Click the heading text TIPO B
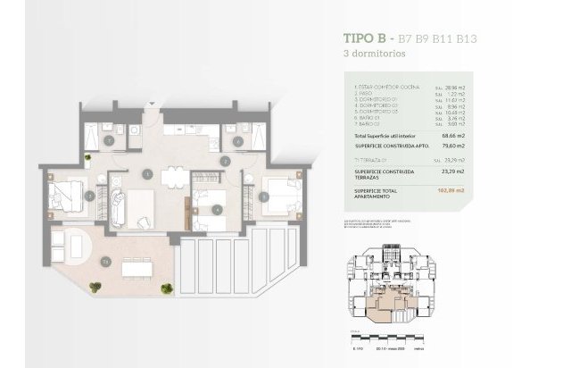366,38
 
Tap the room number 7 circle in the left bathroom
109,140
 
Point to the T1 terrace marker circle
105,262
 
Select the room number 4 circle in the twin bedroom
218,211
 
